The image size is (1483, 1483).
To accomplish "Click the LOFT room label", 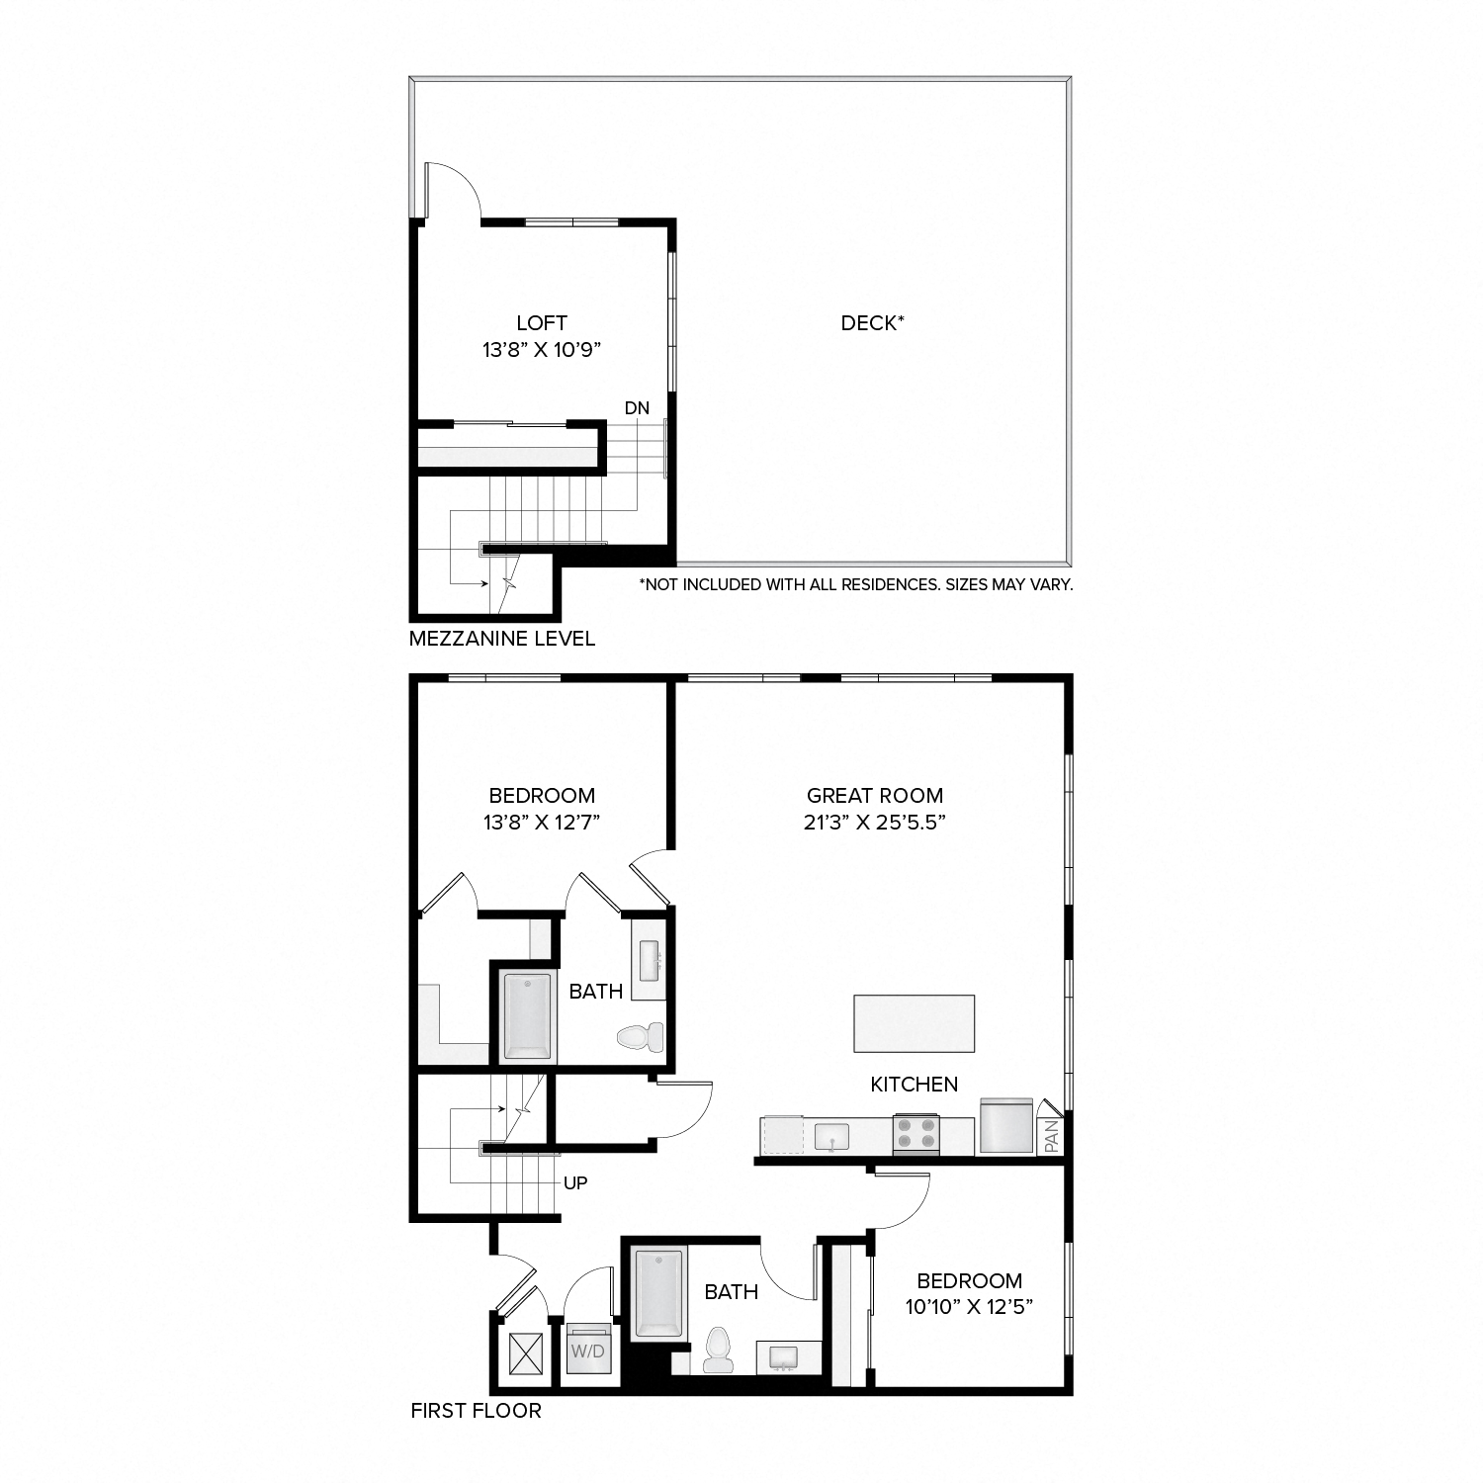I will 542,323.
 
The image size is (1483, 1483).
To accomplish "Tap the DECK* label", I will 872,323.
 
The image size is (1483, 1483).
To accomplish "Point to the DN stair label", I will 637,408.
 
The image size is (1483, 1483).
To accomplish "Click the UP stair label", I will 575,1182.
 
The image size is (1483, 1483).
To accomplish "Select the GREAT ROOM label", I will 875,795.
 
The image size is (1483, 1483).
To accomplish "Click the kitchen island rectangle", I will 914,1023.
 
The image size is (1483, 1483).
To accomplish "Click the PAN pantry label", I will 1051,1135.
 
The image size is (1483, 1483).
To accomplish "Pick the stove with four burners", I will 916,1134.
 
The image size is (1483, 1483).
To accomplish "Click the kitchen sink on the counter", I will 832,1137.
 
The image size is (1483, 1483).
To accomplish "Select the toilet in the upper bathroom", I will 640,1037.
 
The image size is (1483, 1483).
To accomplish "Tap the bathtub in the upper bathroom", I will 527,1015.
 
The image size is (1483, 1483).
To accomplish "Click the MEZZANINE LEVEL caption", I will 502,639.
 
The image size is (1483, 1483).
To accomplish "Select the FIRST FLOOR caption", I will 477,1411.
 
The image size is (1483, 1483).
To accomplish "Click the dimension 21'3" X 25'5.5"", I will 875,823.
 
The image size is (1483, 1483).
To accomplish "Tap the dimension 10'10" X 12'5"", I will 969,1307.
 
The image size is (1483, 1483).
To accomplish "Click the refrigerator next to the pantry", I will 1005,1126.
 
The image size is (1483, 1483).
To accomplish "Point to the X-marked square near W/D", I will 526,1352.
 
